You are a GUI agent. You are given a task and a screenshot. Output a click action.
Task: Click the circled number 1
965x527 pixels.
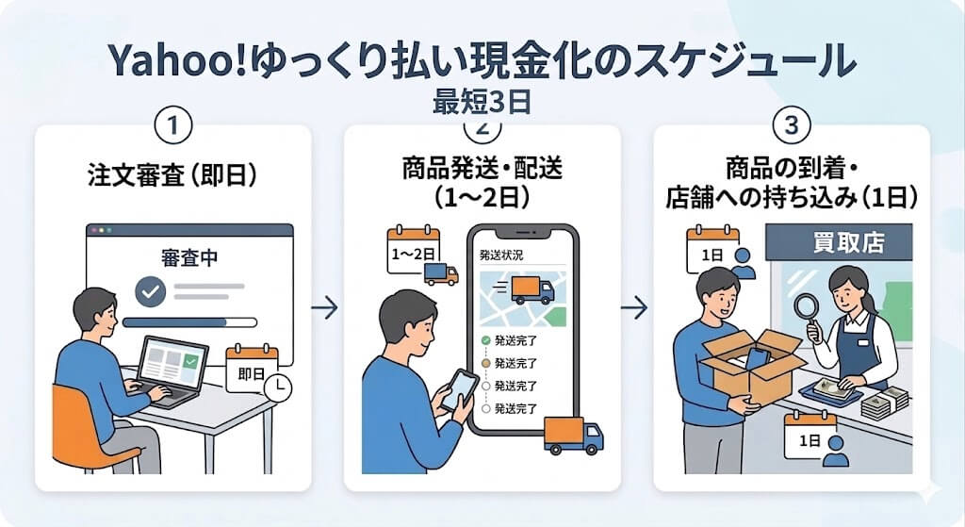pos(172,125)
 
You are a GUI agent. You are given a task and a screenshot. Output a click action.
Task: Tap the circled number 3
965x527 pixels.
pos(791,125)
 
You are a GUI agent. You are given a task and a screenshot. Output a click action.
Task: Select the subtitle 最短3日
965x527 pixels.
pos(482,101)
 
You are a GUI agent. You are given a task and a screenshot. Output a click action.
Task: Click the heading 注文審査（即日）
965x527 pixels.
pos(172,176)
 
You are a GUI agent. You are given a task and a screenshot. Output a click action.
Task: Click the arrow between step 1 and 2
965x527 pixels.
pos(325,308)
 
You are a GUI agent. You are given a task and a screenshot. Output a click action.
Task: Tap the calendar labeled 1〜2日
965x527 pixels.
pos(414,249)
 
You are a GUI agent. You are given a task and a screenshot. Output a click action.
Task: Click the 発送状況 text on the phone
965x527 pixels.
pos(500,255)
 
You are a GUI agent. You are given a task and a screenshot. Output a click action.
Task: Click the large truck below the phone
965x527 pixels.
pos(574,435)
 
